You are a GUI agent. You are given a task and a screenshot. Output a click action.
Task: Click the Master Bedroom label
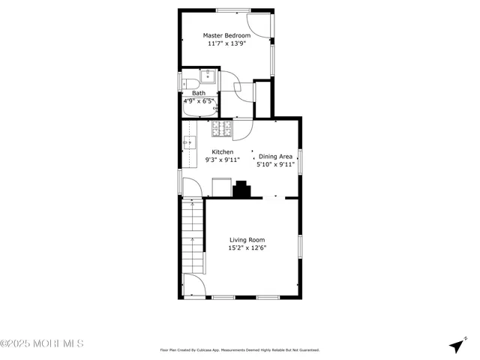pyautogui.click(x=227, y=34)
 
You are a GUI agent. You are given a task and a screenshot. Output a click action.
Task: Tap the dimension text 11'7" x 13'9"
pyautogui.click(x=227, y=43)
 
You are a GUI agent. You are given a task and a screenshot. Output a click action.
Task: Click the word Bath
pyautogui.click(x=198, y=93)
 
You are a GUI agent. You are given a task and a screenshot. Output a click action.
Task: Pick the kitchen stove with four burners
pyautogui.click(x=222, y=130)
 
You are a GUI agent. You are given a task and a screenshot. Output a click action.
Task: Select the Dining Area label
pyautogui.click(x=276, y=156)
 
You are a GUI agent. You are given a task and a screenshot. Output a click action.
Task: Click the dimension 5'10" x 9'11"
pyautogui.click(x=276, y=164)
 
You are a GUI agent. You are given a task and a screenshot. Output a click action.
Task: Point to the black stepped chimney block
pyautogui.click(x=241, y=190)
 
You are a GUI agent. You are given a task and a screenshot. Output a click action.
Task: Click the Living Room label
pyautogui.click(x=247, y=240)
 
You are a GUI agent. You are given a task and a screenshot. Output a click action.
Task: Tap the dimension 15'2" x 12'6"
pyautogui.click(x=247, y=248)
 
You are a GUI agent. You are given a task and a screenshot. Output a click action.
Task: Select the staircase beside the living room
pyautogui.click(x=193, y=236)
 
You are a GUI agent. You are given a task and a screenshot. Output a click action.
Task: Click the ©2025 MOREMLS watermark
pyautogui.click(x=42, y=343)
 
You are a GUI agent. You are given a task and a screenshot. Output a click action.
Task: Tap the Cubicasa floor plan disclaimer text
pyautogui.click(x=239, y=349)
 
